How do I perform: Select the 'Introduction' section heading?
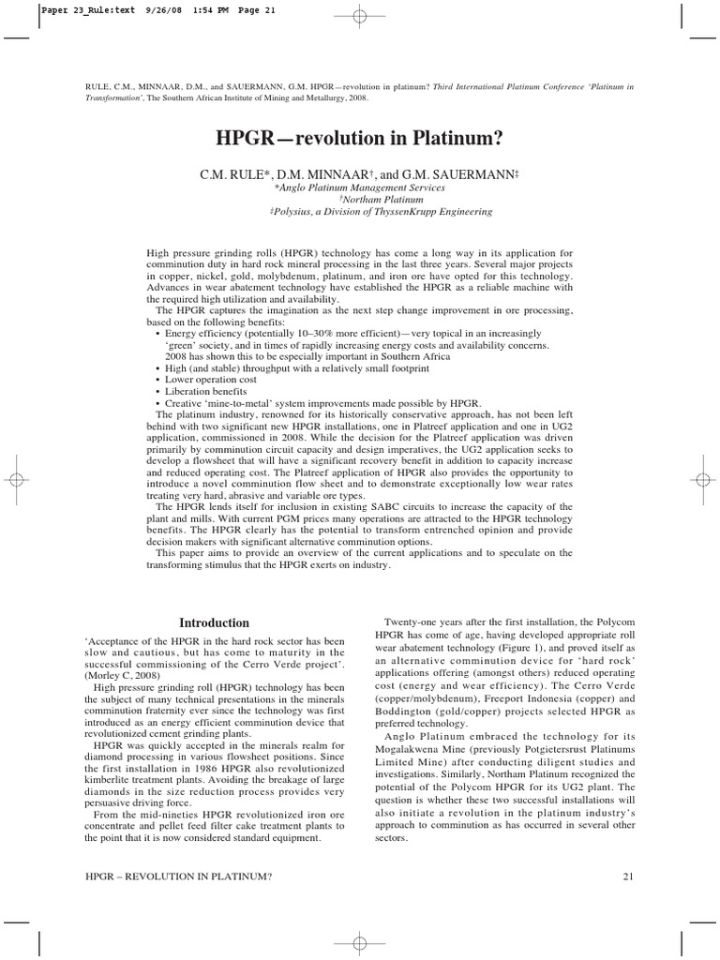214,622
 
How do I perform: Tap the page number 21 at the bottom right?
629,877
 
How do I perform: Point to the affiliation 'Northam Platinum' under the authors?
360,199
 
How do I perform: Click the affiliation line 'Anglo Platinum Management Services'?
360,187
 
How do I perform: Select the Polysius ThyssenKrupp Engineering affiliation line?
360,212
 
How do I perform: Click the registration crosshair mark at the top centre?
360,15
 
